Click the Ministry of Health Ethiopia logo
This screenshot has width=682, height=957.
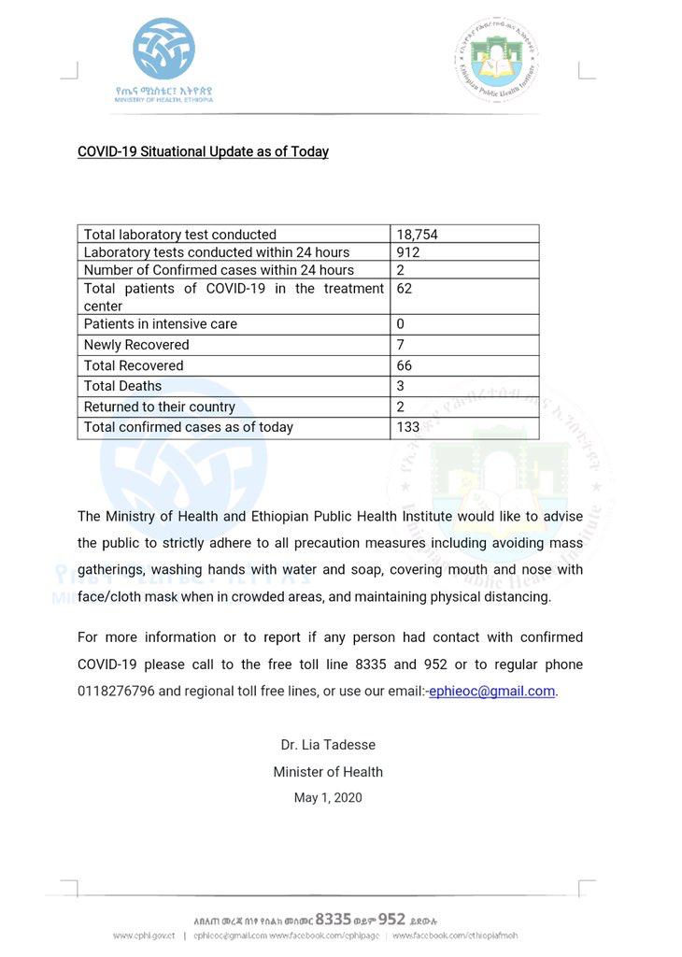click(x=163, y=58)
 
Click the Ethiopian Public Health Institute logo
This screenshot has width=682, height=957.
click(x=497, y=60)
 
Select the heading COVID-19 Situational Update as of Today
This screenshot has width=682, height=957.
click(x=203, y=151)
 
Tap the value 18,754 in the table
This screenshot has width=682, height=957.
click(x=417, y=235)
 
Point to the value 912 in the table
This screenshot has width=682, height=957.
click(x=408, y=252)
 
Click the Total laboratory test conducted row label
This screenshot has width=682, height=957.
click(x=180, y=235)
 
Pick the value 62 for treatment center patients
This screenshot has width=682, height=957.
click(x=405, y=289)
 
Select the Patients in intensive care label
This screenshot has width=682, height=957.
click(x=161, y=324)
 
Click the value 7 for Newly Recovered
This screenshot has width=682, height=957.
click(x=400, y=345)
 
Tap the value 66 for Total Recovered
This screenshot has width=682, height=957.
click(x=405, y=365)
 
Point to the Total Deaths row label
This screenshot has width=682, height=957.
click(x=122, y=386)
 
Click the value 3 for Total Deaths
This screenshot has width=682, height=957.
click(x=400, y=386)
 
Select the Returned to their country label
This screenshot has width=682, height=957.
click(x=160, y=407)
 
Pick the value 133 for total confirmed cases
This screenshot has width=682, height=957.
click(x=408, y=427)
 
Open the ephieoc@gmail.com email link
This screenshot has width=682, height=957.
click(x=491, y=692)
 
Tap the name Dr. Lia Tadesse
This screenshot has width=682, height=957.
click(x=328, y=745)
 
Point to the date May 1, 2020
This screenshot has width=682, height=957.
click(x=328, y=798)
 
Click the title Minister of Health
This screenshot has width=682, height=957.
click(x=328, y=772)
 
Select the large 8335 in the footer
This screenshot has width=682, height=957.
click(x=334, y=919)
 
